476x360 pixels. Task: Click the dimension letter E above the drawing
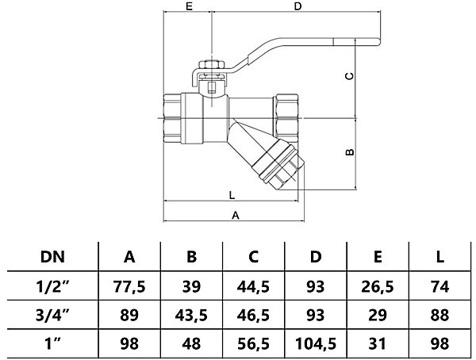tap(189, 6)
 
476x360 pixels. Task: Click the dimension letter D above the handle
tap(297, 6)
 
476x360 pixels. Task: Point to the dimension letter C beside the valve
tap(350, 75)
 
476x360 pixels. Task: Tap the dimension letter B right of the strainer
tap(350, 151)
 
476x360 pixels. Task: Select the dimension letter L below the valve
tap(232, 195)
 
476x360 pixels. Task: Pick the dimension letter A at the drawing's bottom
tap(236, 215)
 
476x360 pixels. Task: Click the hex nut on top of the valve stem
tap(212, 65)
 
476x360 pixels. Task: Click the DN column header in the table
tap(52, 257)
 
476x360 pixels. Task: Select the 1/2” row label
tap(52, 286)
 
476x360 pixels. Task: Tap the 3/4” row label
tap(52, 315)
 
